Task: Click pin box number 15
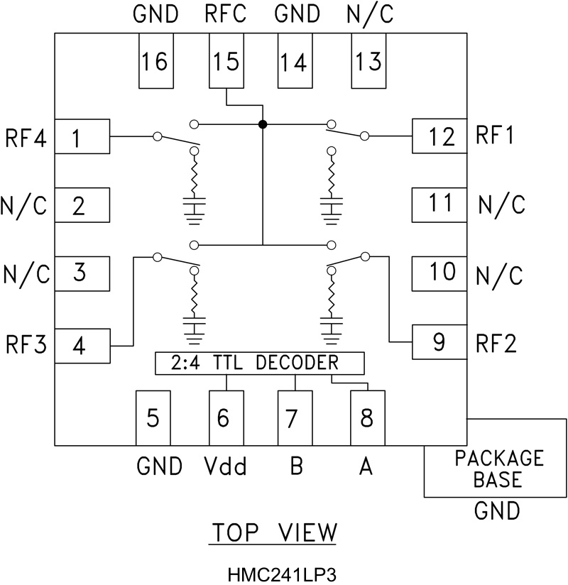pyautogui.click(x=226, y=62)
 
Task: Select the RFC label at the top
pyautogui.click(x=226, y=15)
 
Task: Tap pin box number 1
pyautogui.click(x=82, y=136)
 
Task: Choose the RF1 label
pyautogui.click(x=501, y=134)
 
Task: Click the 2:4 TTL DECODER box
pyautogui.click(x=259, y=363)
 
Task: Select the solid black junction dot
pyautogui.click(x=263, y=124)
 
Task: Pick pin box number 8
pyautogui.click(x=366, y=418)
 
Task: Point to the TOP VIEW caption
pyautogui.click(x=273, y=533)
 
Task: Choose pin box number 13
pyautogui.click(x=369, y=62)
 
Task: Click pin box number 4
pyautogui.click(x=82, y=346)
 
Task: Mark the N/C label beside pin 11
pyautogui.click(x=501, y=205)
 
